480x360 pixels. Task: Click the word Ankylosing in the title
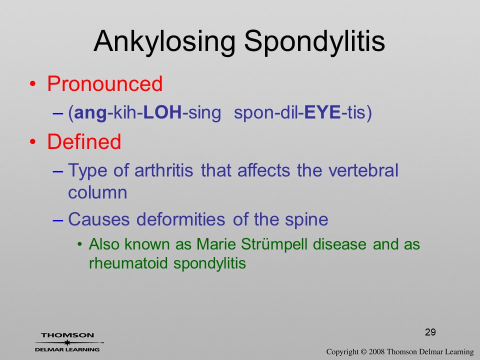pyautogui.click(x=164, y=41)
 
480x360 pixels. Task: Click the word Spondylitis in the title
pyautogui.click(x=314, y=41)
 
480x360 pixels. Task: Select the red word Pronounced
pyautogui.click(x=104, y=83)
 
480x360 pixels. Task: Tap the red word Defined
pyautogui.click(x=84, y=141)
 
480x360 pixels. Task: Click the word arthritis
pyautogui.click(x=164, y=170)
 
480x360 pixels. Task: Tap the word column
pyautogui.click(x=97, y=192)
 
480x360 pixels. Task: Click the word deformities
pyautogui.click(x=180, y=219)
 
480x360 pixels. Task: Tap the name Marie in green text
pyautogui.click(x=216, y=244)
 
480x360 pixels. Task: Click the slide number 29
pyautogui.click(x=430, y=332)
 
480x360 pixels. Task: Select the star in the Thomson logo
pyautogui.click(x=67, y=342)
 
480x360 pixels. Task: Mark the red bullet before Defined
pyautogui.click(x=33, y=142)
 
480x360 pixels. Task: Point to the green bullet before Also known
pyautogui.click(x=80, y=244)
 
